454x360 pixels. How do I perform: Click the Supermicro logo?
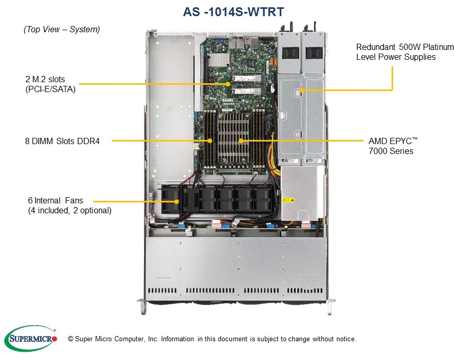point(30,339)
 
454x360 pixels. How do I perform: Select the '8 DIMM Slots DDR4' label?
point(62,140)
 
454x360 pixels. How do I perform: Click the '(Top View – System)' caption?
point(61,30)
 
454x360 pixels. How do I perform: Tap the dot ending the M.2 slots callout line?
point(228,83)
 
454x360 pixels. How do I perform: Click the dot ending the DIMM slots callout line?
point(210,140)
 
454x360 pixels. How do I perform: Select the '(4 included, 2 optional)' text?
point(69,210)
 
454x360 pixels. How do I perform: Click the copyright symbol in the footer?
point(71,339)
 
